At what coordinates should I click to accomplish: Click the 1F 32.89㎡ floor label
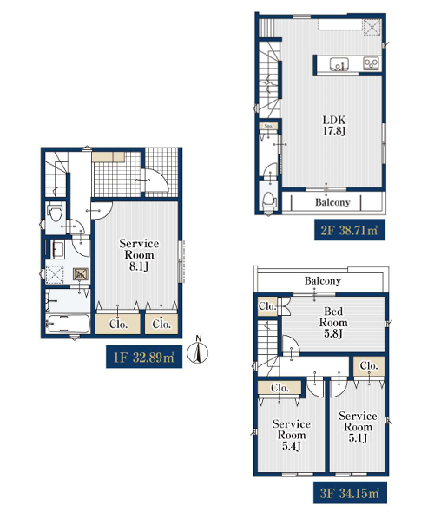click(144, 357)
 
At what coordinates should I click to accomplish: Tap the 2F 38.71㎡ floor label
click(349, 230)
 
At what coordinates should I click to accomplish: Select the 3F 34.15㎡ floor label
click(350, 492)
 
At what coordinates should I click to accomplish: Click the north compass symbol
click(198, 351)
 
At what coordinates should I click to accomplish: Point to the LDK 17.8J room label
click(334, 125)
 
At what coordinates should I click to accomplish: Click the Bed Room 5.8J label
click(333, 322)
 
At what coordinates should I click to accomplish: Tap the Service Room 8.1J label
click(139, 254)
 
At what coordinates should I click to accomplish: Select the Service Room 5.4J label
click(292, 435)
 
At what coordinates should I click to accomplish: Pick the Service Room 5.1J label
click(358, 427)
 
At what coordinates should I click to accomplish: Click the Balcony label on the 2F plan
click(332, 202)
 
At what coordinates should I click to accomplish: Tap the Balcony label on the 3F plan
click(323, 280)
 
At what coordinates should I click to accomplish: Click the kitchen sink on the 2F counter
click(339, 63)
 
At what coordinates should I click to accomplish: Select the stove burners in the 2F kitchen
click(371, 63)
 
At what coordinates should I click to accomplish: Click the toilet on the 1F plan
click(55, 212)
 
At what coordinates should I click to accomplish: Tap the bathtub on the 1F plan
click(68, 324)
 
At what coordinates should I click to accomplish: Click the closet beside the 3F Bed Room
click(267, 306)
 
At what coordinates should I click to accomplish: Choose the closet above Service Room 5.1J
click(369, 366)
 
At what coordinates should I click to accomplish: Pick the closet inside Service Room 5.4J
click(280, 388)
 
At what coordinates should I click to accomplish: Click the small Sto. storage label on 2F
click(268, 126)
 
